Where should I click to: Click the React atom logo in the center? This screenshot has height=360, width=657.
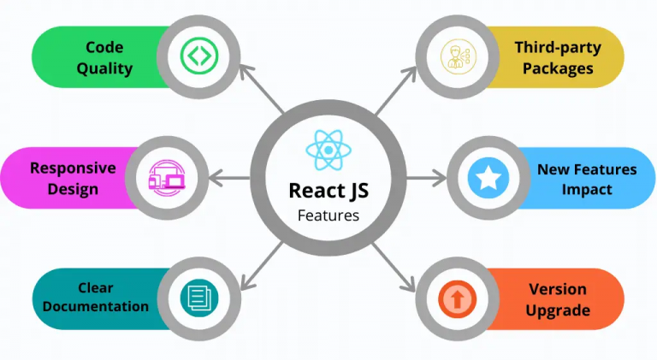click(x=328, y=150)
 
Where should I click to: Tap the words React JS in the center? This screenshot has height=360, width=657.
click(x=328, y=191)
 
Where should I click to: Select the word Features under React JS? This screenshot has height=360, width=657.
click(x=328, y=215)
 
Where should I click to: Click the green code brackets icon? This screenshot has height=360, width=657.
click(x=199, y=56)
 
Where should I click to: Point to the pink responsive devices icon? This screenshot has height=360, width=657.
click(x=167, y=178)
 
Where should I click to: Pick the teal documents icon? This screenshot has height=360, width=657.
click(x=199, y=298)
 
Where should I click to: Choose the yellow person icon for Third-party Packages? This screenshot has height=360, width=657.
click(x=458, y=56)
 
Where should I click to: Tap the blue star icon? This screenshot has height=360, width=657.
click(x=488, y=178)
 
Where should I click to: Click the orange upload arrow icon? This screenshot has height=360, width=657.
click(x=458, y=299)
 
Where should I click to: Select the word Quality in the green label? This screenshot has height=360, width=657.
click(x=104, y=68)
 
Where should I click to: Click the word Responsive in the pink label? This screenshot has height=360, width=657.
click(x=73, y=168)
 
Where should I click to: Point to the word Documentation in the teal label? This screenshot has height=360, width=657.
click(x=96, y=306)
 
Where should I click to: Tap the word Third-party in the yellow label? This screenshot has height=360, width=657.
click(x=558, y=48)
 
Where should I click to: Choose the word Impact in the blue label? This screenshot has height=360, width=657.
click(x=587, y=190)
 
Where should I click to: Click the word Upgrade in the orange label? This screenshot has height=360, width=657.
click(x=558, y=310)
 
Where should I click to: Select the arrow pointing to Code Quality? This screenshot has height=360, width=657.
click(x=261, y=88)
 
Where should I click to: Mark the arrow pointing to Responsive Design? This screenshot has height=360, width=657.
click(x=229, y=179)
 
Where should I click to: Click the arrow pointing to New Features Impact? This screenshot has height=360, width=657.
click(x=427, y=179)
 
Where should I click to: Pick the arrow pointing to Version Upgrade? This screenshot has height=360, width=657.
click(x=393, y=267)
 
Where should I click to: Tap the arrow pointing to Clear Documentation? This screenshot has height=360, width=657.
click(x=262, y=266)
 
